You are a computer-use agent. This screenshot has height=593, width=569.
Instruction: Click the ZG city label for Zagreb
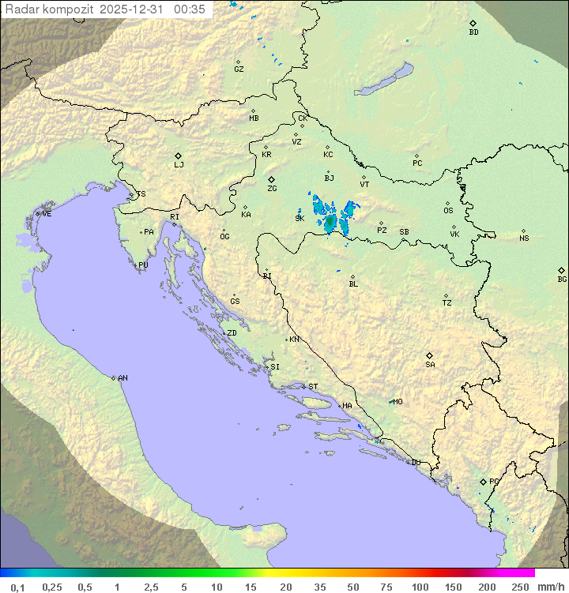(x=272, y=189)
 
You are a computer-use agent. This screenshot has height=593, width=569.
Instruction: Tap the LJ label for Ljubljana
(x=179, y=165)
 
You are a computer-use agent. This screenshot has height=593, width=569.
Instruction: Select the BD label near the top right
(x=473, y=32)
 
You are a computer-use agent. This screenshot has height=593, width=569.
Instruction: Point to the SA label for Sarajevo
(x=430, y=365)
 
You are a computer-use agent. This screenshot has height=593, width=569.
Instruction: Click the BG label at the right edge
(x=562, y=280)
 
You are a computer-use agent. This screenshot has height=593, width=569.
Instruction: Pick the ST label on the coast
(x=313, y=387)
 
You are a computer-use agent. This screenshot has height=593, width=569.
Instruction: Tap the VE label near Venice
(x=47, y=214)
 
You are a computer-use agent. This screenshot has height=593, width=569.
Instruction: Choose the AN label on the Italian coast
(x=122, y=378)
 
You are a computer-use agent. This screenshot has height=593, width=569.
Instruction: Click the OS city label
(x=448, y=211)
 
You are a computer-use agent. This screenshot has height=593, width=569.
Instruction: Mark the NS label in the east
(x=524, y=238)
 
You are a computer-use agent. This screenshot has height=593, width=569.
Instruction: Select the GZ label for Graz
(x=239, y=69)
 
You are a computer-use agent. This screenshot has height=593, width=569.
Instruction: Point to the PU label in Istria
(x=143, y=265)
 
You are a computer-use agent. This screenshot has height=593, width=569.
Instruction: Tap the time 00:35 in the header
(x=190, y=9)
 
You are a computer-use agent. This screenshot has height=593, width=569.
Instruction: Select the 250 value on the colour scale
(x=520, y=587)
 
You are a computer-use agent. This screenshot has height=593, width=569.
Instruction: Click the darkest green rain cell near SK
(x=330, y=224)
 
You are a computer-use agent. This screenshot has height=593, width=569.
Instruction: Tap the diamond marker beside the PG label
(x=483, y=481)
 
